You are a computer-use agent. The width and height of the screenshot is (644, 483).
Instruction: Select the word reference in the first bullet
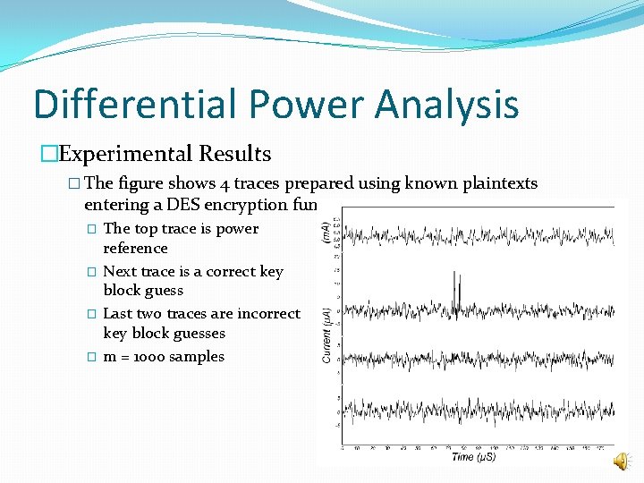(135, 248)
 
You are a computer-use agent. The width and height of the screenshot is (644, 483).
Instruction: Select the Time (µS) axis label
(475, 456)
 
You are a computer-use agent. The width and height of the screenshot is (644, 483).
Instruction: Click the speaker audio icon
(620, 461)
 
